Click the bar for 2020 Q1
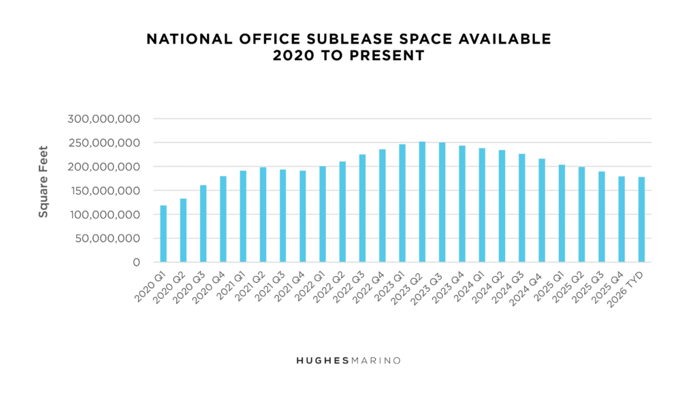click(163, 234)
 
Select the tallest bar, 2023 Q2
click(422, 202)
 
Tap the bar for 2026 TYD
click(641, 219)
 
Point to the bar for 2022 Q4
click(383, 206)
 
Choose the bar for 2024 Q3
click(521, 208)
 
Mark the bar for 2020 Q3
click(203, 224)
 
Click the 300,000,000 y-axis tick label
click(104, 119)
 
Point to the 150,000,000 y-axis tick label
click(104, 191)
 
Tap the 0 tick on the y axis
click(136, 262)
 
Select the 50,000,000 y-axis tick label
click(108, 239)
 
